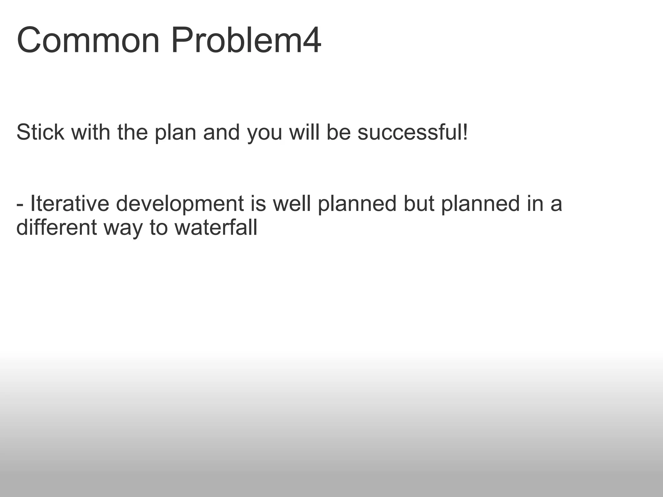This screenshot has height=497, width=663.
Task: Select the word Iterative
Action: click(70, 204)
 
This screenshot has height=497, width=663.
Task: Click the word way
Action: click(123, 228)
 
